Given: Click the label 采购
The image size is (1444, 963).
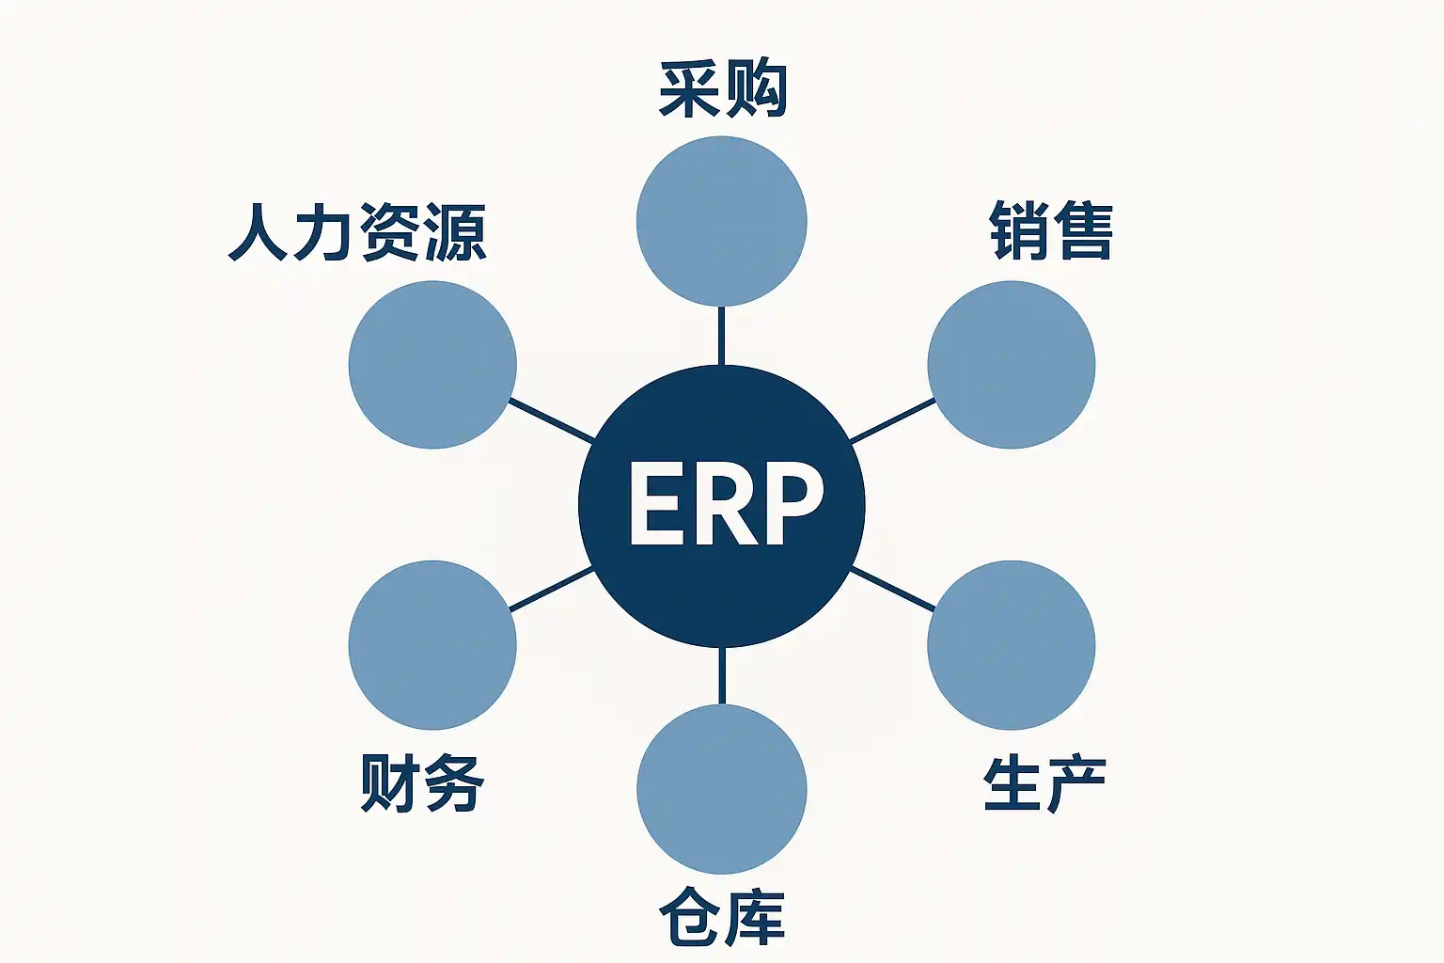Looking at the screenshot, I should pos(722,90).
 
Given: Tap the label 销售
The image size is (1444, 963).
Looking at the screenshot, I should pos(1051,230).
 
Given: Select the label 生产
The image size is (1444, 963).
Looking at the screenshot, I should pos(1044,784).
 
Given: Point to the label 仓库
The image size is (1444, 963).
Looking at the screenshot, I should pos(722,917).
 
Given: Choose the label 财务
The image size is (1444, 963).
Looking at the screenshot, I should pos(422,782).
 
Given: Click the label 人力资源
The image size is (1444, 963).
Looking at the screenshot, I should pos(357,232).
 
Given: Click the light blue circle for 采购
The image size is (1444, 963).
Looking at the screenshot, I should pos(721,222).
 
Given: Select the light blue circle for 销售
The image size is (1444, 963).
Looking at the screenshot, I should pos(1012,365).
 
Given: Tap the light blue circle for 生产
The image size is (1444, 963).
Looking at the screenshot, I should pos(1012,645).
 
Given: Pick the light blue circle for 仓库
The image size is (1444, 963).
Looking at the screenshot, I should pos(721,789).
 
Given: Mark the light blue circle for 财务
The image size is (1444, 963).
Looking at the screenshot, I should pos(432,645).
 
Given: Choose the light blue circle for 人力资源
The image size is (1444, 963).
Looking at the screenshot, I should pos(432,365).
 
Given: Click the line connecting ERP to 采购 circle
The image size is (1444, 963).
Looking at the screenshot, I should pos(721,336).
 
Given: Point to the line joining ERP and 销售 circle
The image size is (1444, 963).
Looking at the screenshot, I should pos(892,420).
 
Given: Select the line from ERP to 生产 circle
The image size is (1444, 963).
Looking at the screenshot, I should pos(892,590).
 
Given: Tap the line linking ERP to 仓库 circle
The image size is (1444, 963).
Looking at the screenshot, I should pos(721,675).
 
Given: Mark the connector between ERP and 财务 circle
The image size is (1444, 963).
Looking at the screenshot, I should pos(551,590).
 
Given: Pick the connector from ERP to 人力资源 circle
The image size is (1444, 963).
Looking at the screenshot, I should pos(551,420).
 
